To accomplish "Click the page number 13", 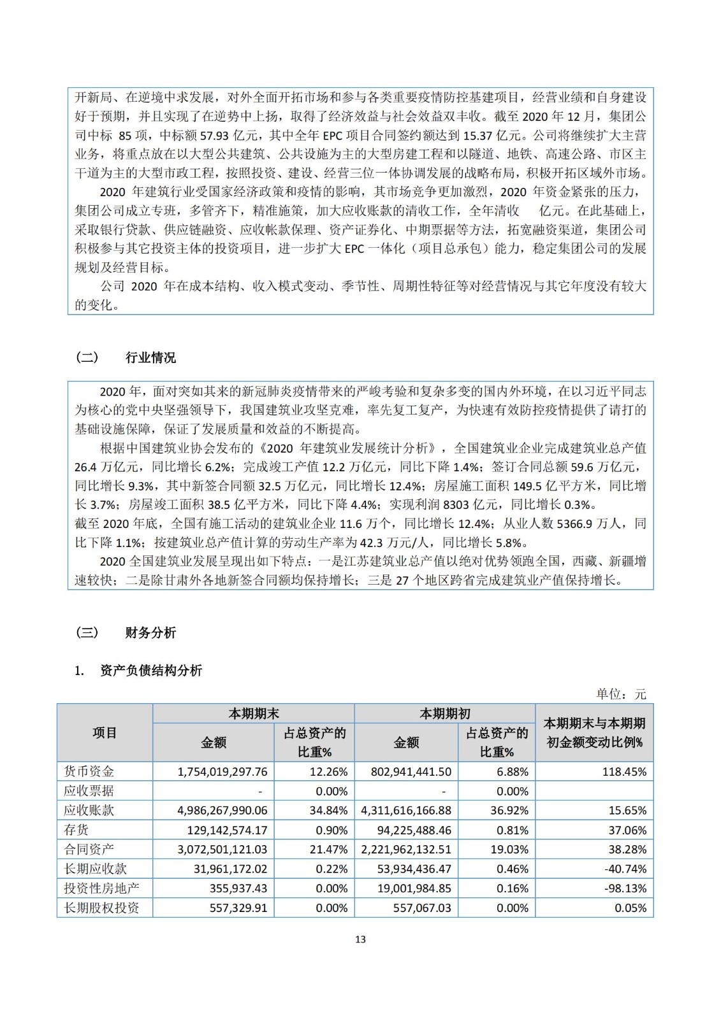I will (x=360, y=939).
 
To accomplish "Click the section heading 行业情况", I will (x=150, y=358).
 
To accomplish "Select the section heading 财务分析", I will (x=150, y=632).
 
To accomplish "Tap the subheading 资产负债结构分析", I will (x=151, y=670).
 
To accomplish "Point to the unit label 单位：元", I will (x=621, y=694).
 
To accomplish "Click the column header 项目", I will (x=105, y=733).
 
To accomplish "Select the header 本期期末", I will (x=254, y=714).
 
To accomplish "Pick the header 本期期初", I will (x=444, y=714).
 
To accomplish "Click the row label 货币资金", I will (x=89, y=771).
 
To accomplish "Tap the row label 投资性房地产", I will (x=101, y=888).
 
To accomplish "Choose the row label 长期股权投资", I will (x=101, y=908).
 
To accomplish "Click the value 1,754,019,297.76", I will (x=222, y=772).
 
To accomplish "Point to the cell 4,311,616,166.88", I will (x=406, y=811).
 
